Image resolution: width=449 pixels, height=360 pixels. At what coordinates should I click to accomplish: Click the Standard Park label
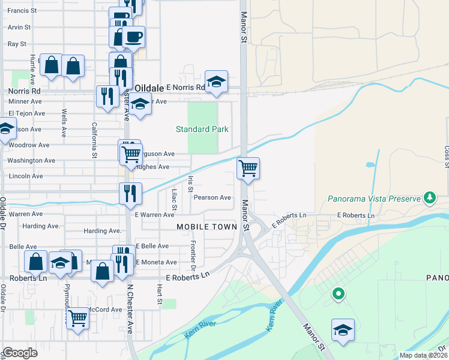click(x=202, y=129)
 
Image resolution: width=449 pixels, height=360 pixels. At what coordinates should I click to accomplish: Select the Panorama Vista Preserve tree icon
click(x=429, y=197)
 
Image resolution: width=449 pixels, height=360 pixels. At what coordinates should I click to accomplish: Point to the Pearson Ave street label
click(x=212, y=197)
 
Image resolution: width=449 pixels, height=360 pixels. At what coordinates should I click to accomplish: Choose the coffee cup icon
click(x=133, y=37)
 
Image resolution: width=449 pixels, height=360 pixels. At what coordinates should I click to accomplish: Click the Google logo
click(x=20, y=353)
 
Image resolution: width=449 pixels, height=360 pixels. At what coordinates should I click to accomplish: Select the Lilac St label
click(x=174, y=199)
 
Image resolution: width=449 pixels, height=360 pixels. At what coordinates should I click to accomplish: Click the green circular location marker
click(x=339, y=293)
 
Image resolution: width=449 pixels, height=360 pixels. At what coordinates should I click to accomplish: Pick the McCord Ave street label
click(x=105, y=310)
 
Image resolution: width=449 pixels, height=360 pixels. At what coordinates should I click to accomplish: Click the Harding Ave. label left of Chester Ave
click(x=41, y=226)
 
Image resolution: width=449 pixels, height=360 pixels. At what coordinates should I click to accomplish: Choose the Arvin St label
click(x=19, y=27)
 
